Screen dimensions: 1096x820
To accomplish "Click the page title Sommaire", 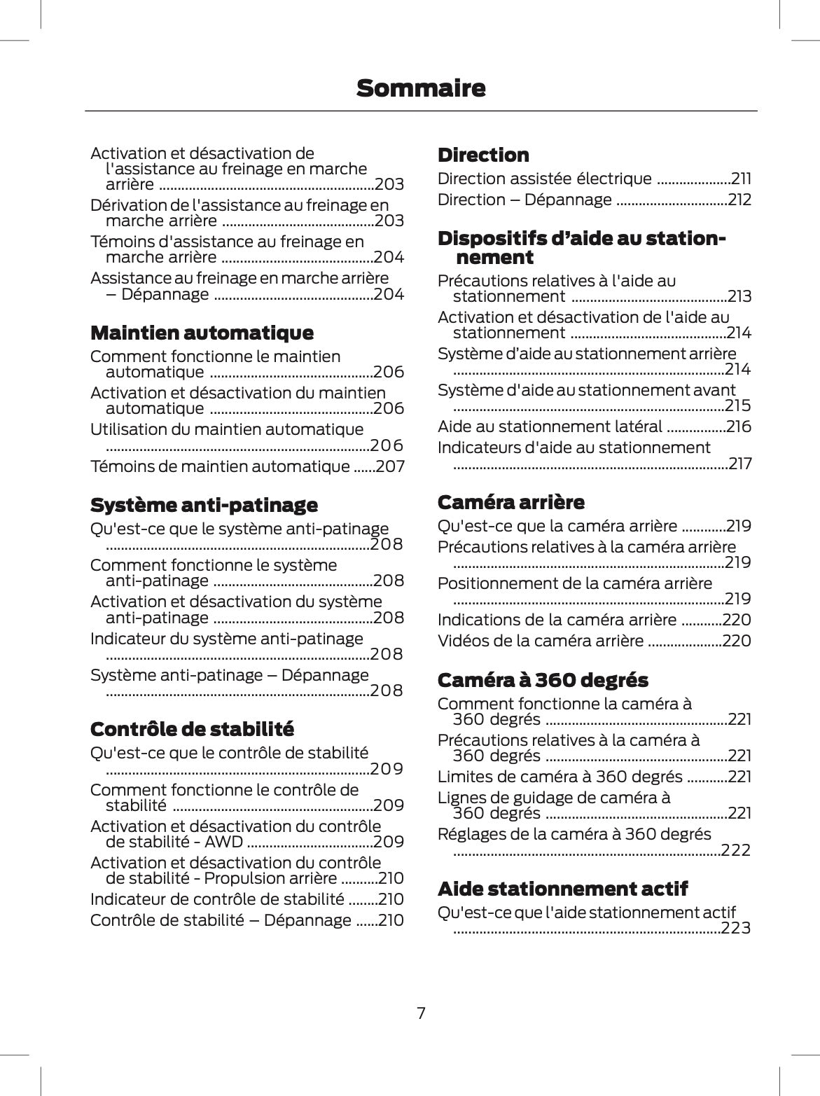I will [420, 89].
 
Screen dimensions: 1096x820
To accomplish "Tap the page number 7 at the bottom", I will [421, 1013].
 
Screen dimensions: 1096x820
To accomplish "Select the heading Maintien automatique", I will [202, 333].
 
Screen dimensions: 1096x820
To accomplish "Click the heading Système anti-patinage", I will [204, 505].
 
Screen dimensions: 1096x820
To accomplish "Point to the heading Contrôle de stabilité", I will [192, 729].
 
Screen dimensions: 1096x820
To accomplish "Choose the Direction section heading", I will [483, 155].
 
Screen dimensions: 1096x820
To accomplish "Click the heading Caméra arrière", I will [510, 502].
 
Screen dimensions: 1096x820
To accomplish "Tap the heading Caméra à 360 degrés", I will [543, 680].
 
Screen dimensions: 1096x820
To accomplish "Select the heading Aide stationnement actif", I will [562, 889].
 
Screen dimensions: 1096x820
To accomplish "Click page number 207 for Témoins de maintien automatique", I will [390, 466].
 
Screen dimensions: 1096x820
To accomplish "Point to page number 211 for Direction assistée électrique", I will [741, 179].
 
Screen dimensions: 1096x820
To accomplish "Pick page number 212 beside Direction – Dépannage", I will [739, 200].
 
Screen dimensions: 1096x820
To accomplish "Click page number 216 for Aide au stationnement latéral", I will [739, 426].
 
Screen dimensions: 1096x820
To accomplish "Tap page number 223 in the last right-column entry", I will [735, 928].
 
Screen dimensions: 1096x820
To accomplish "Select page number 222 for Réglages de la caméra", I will [735, 850].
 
